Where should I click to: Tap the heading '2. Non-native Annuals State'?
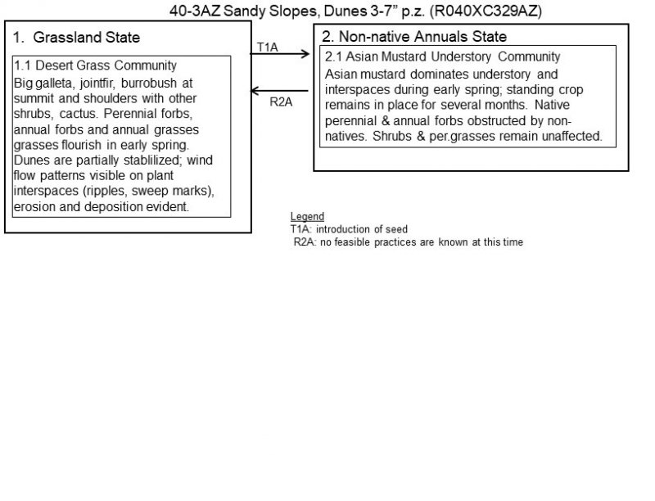(x=414, y=37)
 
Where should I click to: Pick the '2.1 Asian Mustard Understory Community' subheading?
(x=442, y=57)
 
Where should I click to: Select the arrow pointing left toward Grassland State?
(x=282, y=91)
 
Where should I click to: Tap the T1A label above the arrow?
(x=268, y=47)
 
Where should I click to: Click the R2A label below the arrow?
(x=281, y=102)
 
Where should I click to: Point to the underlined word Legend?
(x=307, y=216)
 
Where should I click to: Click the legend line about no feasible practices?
(x=408, y=241)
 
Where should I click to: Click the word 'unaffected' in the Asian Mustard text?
(x=573, y=137)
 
